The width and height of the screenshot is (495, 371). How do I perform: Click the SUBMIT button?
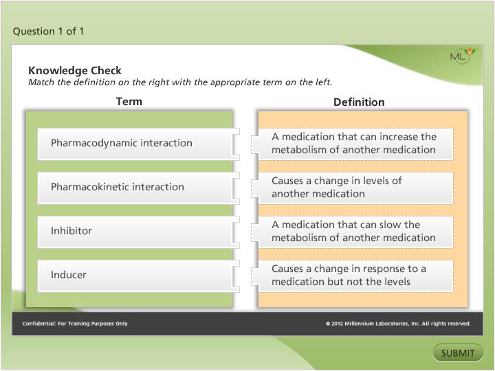click(458, 353)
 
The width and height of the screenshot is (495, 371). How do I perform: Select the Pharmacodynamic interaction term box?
click(135, 143)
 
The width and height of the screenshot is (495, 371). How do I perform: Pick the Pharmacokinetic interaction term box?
click(135, 187)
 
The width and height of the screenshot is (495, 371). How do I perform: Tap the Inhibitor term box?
click(135, 231)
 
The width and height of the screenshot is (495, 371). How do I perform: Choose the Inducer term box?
click(135, 275)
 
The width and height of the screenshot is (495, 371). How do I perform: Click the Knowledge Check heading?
click(75, 70)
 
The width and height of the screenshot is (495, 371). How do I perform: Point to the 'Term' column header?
click(129, 101)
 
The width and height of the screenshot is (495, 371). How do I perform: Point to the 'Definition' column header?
click(359, 102)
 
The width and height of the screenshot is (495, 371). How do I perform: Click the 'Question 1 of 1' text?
click(49, 31)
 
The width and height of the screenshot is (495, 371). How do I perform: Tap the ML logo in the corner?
click(461, 56)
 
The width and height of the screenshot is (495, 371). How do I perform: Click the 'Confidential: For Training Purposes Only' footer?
click(75, 324)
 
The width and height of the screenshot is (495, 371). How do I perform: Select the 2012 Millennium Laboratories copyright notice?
click(398, 324)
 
